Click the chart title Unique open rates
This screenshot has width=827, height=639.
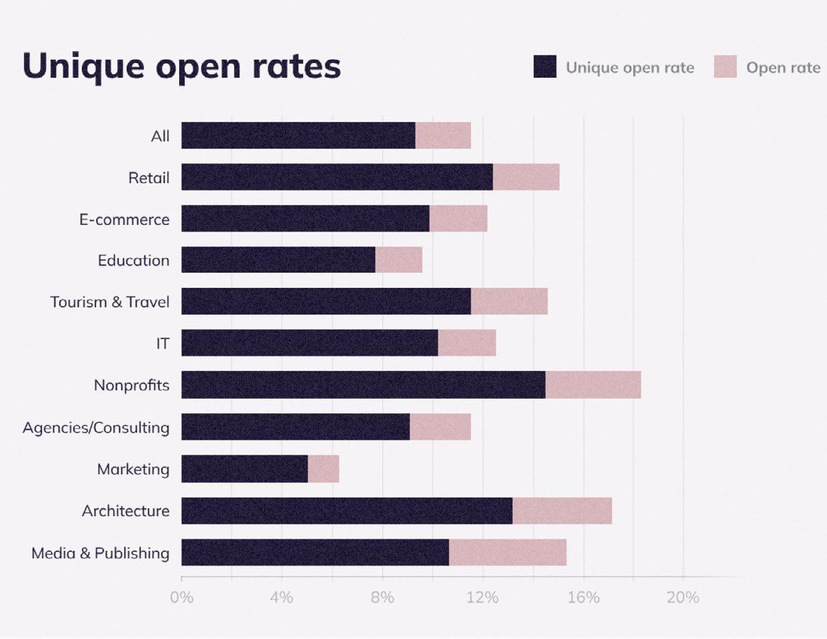pos(182,67)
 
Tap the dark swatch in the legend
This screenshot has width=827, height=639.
pos(544,66)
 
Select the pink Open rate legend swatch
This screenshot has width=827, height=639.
pos(725,66)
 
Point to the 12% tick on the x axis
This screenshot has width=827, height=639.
pos(483,598)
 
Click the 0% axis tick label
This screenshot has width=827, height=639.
pos(182,598)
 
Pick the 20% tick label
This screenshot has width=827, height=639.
pos(683,598)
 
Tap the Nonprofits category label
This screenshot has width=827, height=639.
pos(132,386)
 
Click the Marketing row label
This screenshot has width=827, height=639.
pos(133,469)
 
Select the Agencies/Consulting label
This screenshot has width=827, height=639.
pos(96,427)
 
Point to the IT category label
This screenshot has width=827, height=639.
pos(162,344)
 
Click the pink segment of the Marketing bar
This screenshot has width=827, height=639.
pos(324,468)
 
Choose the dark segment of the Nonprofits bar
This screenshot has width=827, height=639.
pos(363,385)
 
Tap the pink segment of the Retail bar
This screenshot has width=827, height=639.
pos(527,177)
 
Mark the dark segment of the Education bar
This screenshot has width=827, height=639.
pos(278,259)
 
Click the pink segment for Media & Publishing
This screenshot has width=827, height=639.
pos(508,552)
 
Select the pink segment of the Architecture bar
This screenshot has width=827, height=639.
pos(562,511)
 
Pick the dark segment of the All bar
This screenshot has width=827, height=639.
pos(298,135)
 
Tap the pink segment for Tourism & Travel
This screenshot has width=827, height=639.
pos(509,301)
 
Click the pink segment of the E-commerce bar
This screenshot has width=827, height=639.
pos(458,218)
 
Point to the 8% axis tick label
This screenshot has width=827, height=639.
pos(382,598)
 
